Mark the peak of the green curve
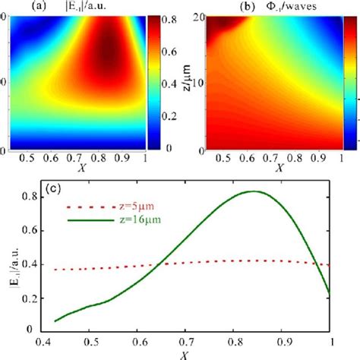[x=258, y=191]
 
